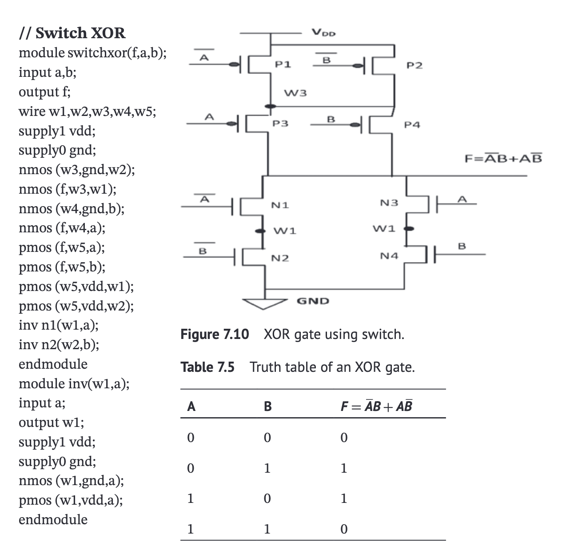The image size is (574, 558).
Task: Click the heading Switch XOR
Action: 72,33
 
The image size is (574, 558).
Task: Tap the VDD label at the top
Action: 324,32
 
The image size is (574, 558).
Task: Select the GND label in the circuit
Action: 313,301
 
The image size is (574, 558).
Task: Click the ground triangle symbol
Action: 264,303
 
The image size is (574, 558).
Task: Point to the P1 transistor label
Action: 283,65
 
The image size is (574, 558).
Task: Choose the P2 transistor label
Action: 415,66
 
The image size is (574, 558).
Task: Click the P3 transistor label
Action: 280,124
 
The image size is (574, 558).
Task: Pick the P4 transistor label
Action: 412,125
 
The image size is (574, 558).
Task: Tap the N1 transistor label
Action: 280,205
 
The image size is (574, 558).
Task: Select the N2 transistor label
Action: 280,258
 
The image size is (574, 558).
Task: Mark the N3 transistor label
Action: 389,203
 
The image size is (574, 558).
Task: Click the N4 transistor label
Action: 389,256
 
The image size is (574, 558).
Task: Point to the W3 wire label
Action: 295,93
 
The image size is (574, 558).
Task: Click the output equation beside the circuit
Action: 503,159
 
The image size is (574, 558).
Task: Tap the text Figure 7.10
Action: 215,334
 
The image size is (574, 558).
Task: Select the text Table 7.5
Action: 207,367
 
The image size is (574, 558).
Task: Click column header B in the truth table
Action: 267,406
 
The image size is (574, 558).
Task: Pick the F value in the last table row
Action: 343,529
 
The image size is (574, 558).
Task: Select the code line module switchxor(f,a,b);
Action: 93,53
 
